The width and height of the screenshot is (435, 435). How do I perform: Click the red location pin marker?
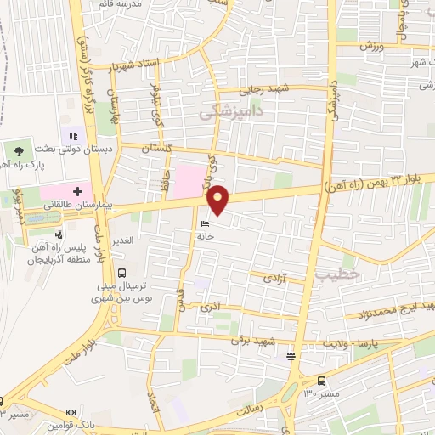(x=219, y=199)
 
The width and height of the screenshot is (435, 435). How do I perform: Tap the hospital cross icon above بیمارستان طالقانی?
(x=76, y=191)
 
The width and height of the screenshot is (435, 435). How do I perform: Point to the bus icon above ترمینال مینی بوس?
(x=122, y=273)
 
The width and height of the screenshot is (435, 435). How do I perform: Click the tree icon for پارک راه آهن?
(x=19, y=150)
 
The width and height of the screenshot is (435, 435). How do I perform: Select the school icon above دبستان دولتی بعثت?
(x=72, y=135)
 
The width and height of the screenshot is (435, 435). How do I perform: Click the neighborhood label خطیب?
(x=331, y=274)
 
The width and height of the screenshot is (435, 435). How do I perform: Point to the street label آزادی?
(x=274, y=278)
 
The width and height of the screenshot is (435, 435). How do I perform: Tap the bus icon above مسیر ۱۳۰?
(x=322, y=381)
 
